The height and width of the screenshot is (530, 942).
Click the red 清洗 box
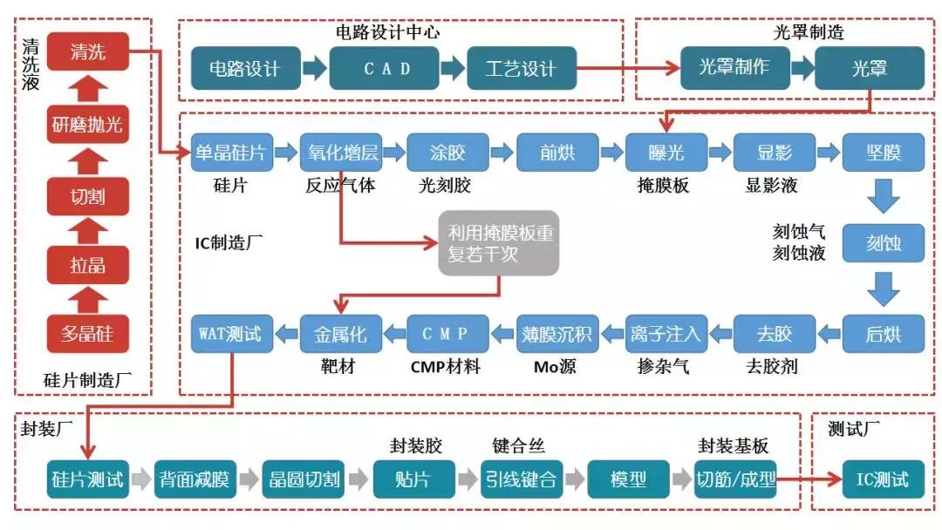(87, 52)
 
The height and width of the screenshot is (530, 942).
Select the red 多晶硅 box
(87, 334)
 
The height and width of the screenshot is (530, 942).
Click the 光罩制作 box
(734, 67)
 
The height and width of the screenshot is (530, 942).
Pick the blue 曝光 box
(666, 153)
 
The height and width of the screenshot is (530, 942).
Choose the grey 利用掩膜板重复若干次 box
(500, 244)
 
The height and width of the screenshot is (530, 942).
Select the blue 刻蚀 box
(883, 243)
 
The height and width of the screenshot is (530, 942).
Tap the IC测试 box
(883, 479)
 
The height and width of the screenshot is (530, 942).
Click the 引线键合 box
(521, 479)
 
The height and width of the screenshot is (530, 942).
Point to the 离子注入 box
(666, 333)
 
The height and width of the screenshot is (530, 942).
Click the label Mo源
(555, 367)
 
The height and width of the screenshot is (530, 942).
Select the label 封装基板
(734, 445)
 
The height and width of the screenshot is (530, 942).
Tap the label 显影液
(771, 186)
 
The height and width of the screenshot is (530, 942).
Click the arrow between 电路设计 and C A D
(315, 68)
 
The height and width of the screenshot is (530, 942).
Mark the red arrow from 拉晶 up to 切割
(87, 230)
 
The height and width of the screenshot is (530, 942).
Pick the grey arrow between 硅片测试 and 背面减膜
(141, 479)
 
